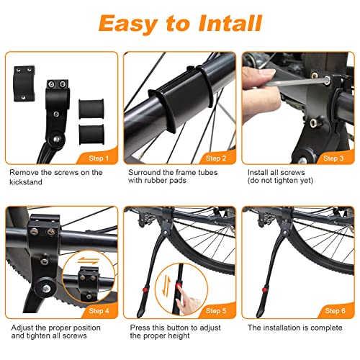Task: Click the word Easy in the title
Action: point(128,24)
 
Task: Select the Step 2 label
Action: point(217,158)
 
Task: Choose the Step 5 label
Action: point(217,311)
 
